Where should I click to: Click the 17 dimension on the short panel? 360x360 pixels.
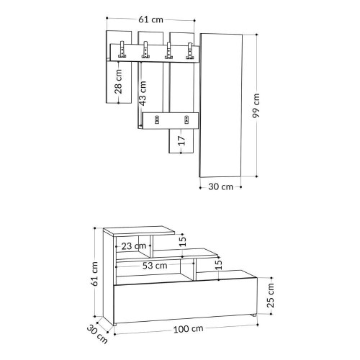point(181,139)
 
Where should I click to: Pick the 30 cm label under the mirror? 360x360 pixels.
point(220,187)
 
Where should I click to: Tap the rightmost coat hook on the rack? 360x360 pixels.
point(190,52)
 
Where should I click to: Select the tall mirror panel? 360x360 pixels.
point(222,104)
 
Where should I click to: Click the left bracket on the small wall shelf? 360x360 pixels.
point(153,120)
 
